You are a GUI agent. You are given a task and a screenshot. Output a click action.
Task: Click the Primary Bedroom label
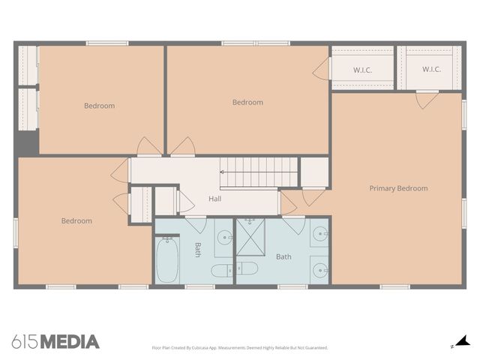[398, 188]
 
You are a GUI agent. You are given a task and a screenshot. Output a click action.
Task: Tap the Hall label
[215, 199]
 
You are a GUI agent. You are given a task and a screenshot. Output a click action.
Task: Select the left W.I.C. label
[362, 70]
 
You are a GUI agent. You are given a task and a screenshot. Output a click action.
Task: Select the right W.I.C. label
[431, 70]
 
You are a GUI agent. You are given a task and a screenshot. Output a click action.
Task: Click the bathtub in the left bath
[167, 260]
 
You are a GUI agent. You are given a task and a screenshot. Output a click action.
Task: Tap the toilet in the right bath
[247, 268]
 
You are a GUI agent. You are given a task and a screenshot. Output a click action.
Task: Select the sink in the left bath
[224, 239]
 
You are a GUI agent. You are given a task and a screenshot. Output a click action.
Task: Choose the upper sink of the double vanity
[319, 235]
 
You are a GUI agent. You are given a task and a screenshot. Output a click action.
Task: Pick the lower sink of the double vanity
[319, 268]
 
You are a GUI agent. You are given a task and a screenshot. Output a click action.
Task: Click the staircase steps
[259, 172]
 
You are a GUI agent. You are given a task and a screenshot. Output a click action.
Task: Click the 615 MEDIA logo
[55, 342]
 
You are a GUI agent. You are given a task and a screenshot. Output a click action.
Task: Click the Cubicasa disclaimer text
[239, 348]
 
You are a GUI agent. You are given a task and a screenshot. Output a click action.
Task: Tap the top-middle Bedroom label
[247, 102]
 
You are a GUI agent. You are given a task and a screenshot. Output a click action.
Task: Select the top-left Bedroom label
[99, 106]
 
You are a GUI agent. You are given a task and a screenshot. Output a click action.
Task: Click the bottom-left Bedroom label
[76, 220]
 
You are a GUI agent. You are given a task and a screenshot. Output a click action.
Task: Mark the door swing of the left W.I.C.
[322, 70]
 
